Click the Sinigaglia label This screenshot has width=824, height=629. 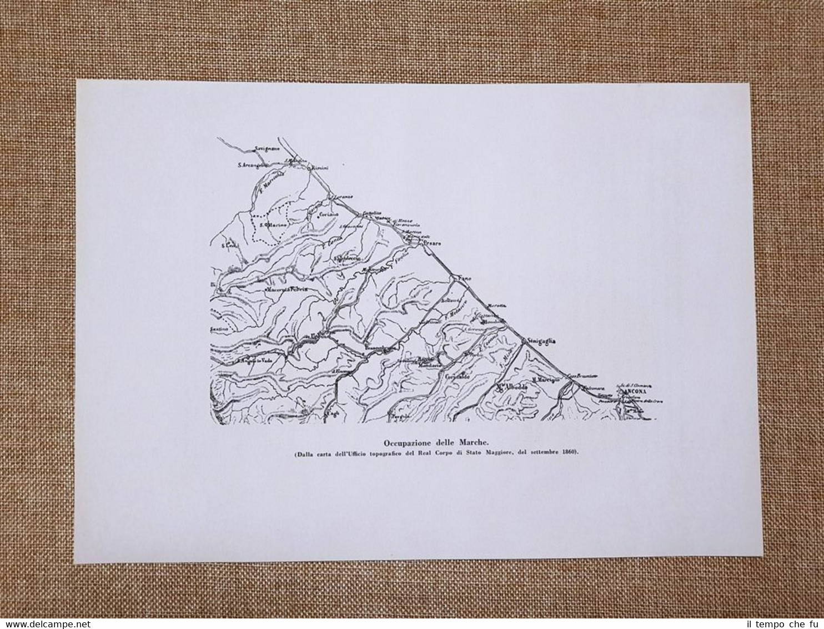coord(542,342)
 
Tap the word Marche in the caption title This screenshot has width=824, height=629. coord(473,443)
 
